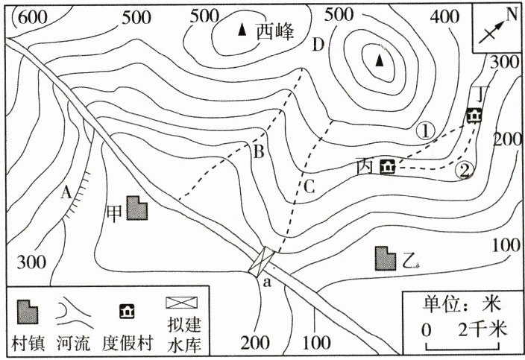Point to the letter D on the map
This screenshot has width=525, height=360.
pos(318,45)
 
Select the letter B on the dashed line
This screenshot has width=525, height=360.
pos(259,154)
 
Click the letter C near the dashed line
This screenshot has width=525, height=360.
pos(309,186)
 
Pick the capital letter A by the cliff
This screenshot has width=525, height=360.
pos(67,192)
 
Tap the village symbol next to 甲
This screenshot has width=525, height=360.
pos(136,209)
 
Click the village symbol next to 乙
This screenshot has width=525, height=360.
pos(386,258)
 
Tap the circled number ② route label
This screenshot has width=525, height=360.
pos(464,171)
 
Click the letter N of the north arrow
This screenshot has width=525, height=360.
pos(512,14)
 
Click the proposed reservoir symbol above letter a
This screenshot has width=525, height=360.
pos(263,261)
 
